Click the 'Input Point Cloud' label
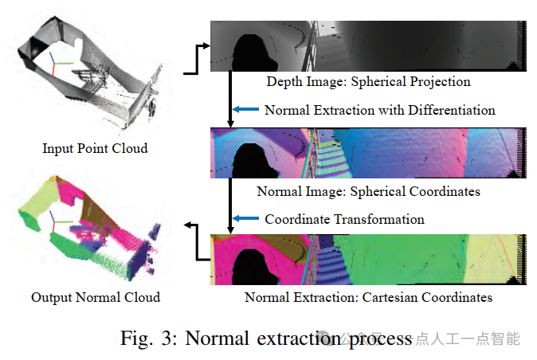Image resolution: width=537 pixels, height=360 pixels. [95, 148]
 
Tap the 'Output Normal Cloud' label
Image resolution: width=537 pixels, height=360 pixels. [96, 297]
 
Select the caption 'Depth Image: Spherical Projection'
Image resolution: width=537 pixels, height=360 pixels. [368, 81]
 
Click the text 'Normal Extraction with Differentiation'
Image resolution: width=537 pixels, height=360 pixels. [380, 110]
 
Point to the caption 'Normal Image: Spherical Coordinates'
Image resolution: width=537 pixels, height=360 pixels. [368, 191]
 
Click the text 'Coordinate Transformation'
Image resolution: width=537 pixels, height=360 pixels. [344, 219]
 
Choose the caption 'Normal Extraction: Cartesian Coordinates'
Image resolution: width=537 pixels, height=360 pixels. [368, 297]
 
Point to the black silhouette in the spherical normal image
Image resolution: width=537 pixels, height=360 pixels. [253, 159]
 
